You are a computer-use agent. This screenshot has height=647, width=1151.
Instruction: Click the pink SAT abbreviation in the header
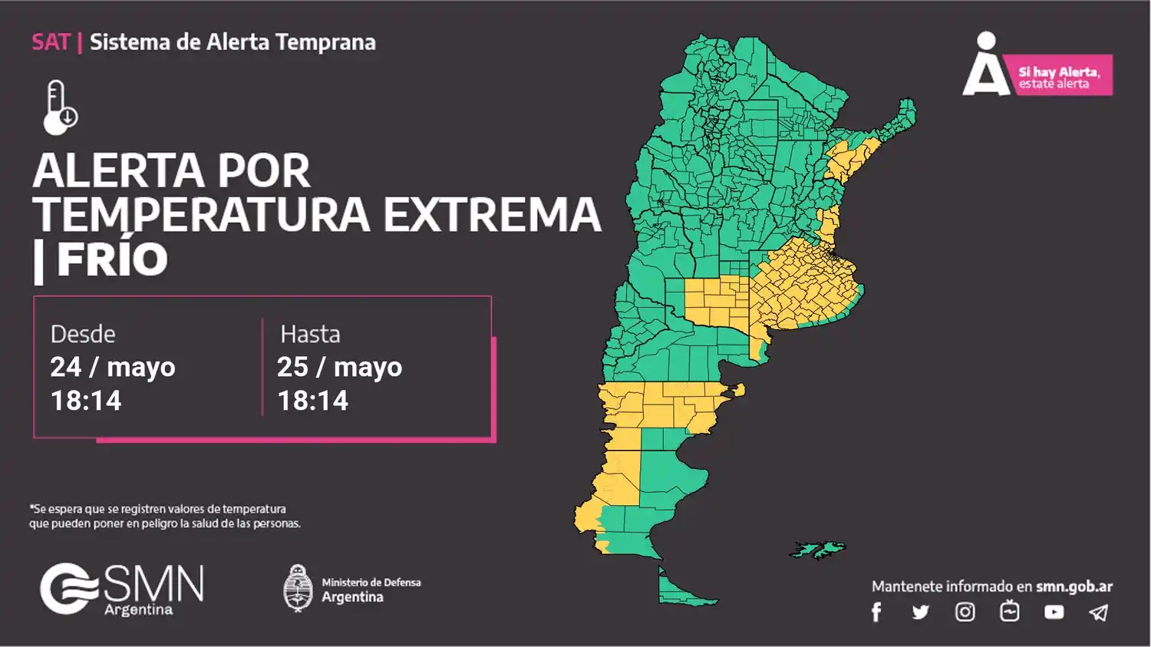[x=51, y=42]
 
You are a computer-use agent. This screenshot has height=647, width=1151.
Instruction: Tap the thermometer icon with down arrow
[x=60, y=107]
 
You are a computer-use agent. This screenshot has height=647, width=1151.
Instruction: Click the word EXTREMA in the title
[x=492, y=215]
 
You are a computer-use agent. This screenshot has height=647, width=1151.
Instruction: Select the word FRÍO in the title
[x=112, y=259]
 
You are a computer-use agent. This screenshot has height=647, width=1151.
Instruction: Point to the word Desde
[x=83, y=335]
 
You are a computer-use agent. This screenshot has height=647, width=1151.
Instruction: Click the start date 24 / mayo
[x=113, y=368]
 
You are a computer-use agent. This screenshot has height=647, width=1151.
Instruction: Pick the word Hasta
[x=310, y=335]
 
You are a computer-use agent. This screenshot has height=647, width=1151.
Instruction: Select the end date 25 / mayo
[x=339, y=368]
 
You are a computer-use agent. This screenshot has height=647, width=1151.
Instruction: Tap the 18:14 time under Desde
[x=86, y=401]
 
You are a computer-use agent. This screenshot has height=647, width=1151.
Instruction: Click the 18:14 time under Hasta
[x=313, y=401]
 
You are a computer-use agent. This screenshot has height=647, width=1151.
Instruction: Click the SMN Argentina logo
[x=122, y=589]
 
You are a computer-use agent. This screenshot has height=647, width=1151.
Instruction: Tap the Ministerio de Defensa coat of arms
[x=298, y=589]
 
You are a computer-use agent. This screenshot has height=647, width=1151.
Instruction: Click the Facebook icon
[x=876, y=612]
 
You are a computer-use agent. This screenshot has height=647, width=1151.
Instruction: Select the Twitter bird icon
[x=920, y=612]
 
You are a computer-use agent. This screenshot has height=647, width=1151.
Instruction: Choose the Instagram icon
[x=965, y=612]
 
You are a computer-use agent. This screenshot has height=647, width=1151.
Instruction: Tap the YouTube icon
[x=1054, y=612]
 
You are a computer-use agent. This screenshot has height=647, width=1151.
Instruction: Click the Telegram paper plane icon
[x=1099, y=612]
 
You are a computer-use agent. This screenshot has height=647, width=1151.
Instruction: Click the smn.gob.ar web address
[x=1073, y=586]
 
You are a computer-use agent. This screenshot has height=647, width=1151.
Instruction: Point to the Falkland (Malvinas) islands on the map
[x=818, y=550]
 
